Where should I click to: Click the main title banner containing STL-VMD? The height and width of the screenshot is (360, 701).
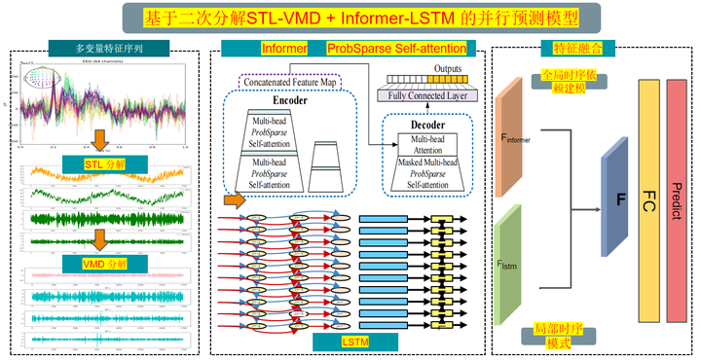[x=350, y=18]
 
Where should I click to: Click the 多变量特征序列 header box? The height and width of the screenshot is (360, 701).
[x=108, y=48]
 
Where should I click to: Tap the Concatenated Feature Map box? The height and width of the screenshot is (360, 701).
[x=289, y=81]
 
